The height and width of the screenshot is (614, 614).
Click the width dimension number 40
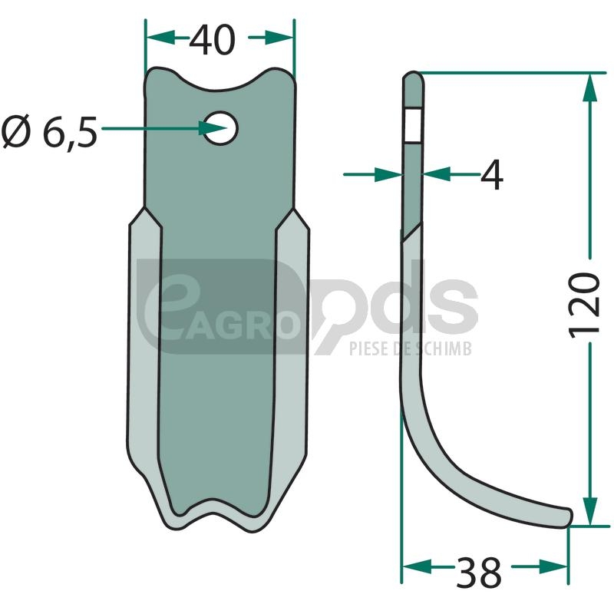tap(213, 40)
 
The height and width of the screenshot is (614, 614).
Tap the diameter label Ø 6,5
tap(49, 131)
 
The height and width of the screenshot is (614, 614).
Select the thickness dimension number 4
tap(491, 175)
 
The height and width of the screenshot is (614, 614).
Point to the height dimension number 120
tap(584, 305)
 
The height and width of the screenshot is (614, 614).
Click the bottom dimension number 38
tap(478, 573)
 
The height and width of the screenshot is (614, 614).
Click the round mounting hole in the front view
tap(221, 128)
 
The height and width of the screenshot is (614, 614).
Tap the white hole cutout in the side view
tap(413, 125)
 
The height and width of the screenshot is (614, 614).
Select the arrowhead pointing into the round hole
tap(213, 128)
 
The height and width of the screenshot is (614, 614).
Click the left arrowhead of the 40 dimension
tap(160, 38)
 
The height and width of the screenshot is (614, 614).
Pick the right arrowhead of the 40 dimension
tap(279, 38)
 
